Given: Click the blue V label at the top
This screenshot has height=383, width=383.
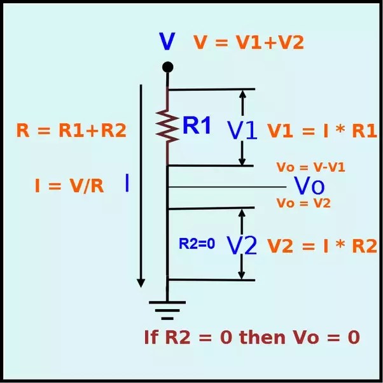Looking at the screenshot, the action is (167, 42).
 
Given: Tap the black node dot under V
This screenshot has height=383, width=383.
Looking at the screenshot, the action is (167, 67).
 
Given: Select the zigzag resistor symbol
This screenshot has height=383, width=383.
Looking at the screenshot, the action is (167, 127).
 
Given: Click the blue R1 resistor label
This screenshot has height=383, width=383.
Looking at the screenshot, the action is (197, 126).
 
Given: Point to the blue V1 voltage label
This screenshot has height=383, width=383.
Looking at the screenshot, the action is (242, 130).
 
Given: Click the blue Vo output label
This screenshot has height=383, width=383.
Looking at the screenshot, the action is (309, 186).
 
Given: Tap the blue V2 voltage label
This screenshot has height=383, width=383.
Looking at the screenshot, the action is (242, 245).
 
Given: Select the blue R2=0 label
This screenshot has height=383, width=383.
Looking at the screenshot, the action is (197, 243).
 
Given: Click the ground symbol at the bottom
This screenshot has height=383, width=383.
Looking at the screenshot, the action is (167, 308).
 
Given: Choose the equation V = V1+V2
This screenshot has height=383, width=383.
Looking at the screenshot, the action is (249, 42).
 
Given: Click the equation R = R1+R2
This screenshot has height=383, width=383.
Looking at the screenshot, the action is (71, 131).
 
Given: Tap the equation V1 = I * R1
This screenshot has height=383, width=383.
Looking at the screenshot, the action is (322, 131).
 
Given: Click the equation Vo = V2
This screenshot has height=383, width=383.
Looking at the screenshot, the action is (303, 203).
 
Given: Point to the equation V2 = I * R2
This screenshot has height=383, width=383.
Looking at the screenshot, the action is (322, 246).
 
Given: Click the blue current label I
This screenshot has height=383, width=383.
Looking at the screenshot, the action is (127, 183).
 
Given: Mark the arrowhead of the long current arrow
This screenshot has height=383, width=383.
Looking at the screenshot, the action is (141, 281).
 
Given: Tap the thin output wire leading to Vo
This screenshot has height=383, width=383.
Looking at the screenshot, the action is (229, 186).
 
